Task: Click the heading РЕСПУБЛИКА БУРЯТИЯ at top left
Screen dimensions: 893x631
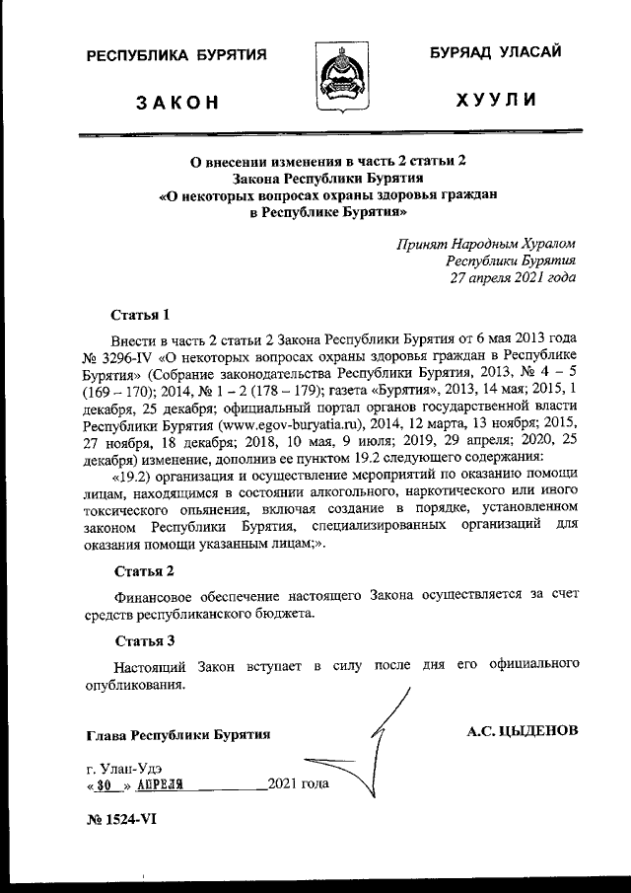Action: point(176,56)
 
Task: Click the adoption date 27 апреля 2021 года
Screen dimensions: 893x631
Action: point(513,278)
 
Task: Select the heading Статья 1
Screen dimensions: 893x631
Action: point(141,316)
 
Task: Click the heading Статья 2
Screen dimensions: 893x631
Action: point(144,571)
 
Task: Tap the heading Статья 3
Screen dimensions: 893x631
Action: point(144,641)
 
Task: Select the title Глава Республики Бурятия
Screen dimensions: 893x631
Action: point(178,735)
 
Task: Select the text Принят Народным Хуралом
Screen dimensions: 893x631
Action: point(486,243)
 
